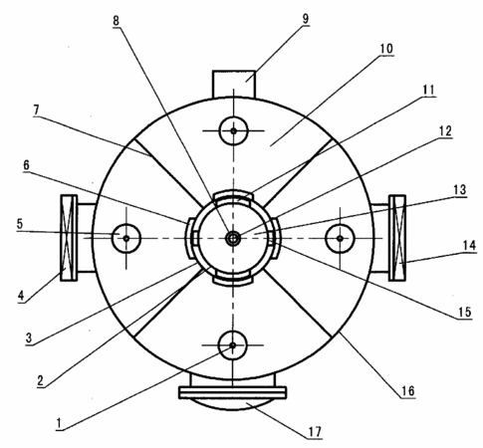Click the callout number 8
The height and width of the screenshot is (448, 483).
(116, 21)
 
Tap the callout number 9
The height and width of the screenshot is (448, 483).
(306, 19)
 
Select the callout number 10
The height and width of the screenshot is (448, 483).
(386, 49)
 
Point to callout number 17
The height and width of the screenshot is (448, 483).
(315, 432)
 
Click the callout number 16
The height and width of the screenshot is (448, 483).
(408, 391)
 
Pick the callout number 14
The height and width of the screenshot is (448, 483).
(469, 246)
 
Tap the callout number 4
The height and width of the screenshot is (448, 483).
(21, 295)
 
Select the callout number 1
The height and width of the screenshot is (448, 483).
(59, 423)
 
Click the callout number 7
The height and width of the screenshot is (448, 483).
(36, 111)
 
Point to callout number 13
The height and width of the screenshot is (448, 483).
(460, 190)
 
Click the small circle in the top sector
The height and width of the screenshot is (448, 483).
(234, 130)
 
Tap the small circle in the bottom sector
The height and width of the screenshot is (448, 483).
(233, 345)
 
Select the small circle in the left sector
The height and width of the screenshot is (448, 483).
(126, 238)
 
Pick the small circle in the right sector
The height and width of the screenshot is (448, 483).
(340, 238)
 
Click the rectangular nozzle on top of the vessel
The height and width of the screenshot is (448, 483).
(234, 84)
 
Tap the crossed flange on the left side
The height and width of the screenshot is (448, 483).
(69, 238)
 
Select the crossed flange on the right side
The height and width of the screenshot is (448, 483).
(397, 238)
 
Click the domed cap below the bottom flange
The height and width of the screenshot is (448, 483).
(233, 404)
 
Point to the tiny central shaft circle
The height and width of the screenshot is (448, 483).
(233, 238)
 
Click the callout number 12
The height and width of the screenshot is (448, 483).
(445, 131)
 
